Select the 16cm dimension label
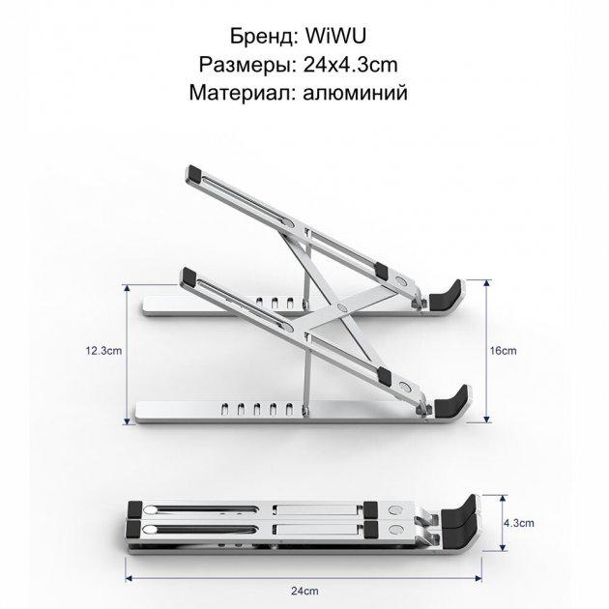click(503, 352)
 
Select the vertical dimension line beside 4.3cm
click(502, 522)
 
